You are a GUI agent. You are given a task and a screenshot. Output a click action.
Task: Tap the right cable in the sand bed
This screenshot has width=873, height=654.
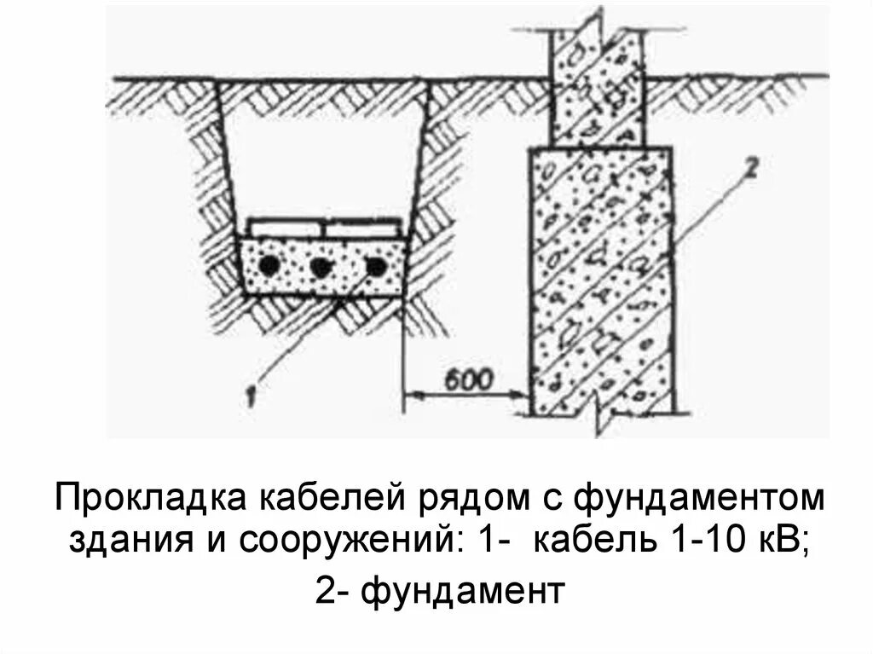coord(375,267)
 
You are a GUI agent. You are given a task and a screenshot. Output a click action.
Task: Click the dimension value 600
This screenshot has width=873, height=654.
coord(467,379)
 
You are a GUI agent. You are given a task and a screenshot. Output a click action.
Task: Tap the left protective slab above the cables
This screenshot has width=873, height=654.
coord(286,229)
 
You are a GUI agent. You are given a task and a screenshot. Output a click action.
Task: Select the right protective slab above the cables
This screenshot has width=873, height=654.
coord(362,229)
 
